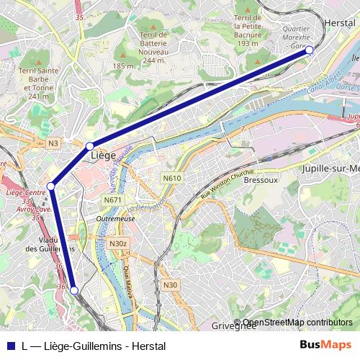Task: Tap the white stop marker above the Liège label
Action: pyautogui.click(x=90, y=146)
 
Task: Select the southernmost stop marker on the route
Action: pyautogui.click(x=73, y=291)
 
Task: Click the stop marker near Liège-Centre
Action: pyautogui.click(x=51, y=186)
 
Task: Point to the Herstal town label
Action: pyautogui.click(x=341, y=23)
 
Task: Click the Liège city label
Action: pyautogui.click(x=104, y=156)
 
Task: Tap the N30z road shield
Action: pyautogui.click(x=118, y=244)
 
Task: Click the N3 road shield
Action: pyautogui.click(x=53, y=144)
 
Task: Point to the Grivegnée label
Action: pyautogui.click(x=234, y=326)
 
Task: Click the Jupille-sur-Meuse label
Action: pyautogui.click(x=331, y=169)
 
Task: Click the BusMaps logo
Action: pyautogui.click(x=326, y=346)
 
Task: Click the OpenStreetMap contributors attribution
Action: pyautogui.click(x=297, y=323)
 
